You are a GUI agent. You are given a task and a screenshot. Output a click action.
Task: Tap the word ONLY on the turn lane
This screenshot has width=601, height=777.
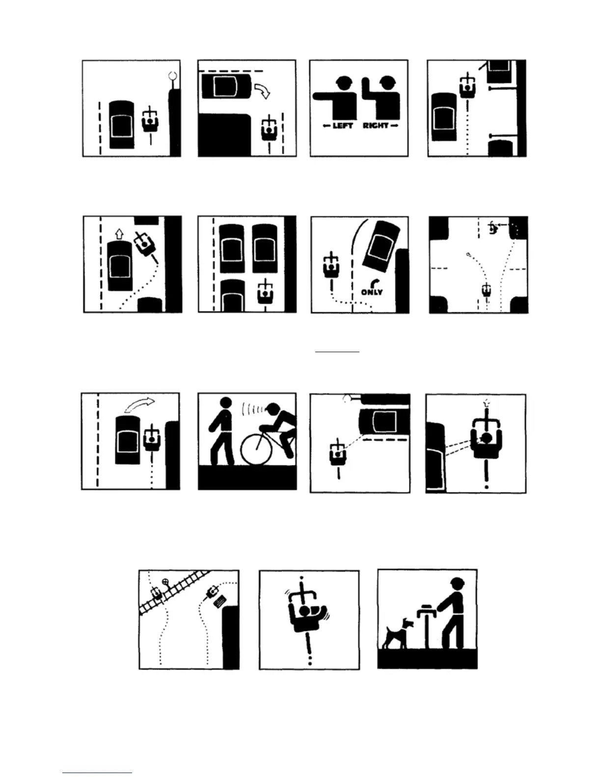(x=372, y=292)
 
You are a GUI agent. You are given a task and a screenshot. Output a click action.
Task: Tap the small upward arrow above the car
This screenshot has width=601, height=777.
(x=118, y=233)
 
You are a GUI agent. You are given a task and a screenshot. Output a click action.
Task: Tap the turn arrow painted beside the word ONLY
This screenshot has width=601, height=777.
(x=376, y=283)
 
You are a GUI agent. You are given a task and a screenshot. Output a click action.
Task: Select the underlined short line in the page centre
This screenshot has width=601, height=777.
(x=337, y=352)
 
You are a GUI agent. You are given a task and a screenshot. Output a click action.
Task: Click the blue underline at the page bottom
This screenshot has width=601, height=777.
(x=97, y=773)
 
